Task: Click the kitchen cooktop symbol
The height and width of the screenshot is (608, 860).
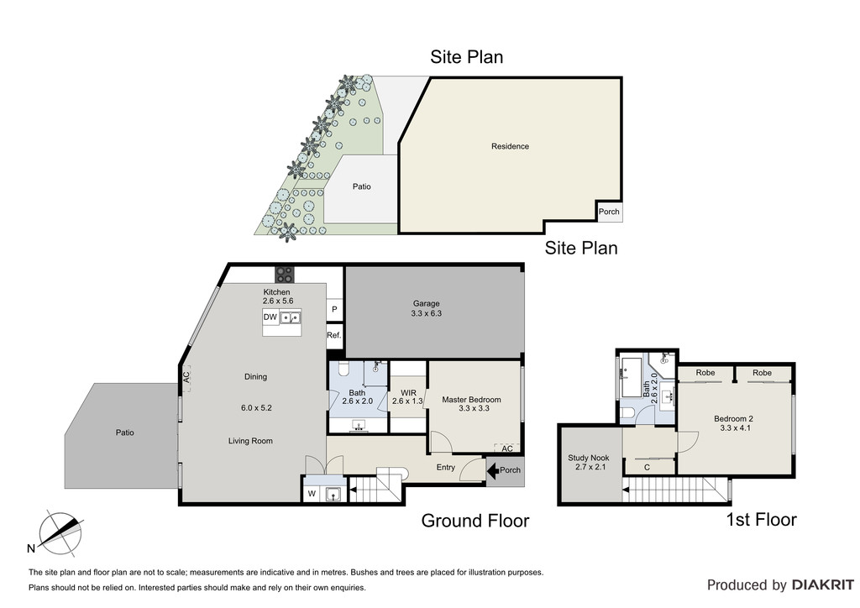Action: click(284, 274)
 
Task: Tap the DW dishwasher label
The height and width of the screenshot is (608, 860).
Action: click(270, 317)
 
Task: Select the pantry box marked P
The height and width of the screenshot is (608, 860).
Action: click(334, 309)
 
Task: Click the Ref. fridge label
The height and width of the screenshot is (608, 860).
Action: click(334, 335)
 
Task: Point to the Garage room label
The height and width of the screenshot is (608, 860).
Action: click(426, 303)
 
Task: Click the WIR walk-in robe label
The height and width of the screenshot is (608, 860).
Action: click(409, 393)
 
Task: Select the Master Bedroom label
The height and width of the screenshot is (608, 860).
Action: click(471, 400)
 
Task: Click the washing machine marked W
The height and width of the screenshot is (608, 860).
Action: click(312, 494)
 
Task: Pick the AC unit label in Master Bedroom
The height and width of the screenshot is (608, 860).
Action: click(507, 448)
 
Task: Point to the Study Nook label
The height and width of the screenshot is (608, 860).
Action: click(589, 458)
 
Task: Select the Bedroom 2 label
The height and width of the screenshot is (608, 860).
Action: click(733, 419)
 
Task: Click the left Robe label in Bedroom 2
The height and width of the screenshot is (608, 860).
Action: click(705, 373)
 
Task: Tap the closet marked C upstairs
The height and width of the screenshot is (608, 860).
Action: click(648, 467)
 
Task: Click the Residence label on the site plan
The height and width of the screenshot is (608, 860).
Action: click(510, 146)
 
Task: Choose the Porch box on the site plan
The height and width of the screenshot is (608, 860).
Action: click(610, 211)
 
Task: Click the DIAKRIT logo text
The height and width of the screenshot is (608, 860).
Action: click(822, 585)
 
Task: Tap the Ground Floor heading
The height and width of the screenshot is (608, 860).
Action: click(475, 521)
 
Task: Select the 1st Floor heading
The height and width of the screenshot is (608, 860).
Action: click(761, 519)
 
